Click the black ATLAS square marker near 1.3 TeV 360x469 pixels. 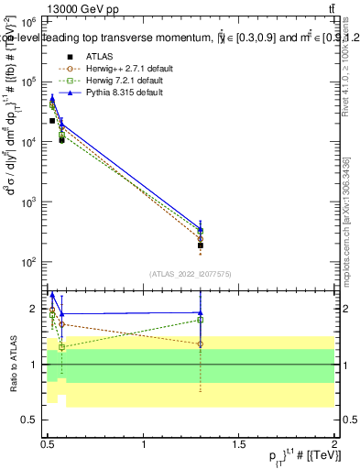pyautogui.click(x=201, y=245)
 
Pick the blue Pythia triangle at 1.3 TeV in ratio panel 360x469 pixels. pyautogui.click(x=201, y=312)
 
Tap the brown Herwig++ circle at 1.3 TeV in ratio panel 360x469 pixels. pyautogui.click(x=201, y=344)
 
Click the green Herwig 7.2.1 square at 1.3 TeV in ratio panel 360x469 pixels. pyautogui.click(x=201, y=320)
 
